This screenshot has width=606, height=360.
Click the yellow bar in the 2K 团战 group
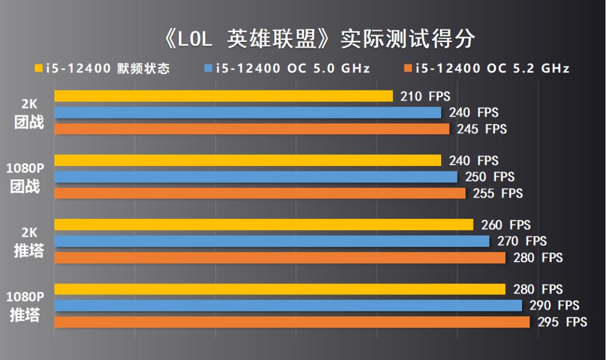click(224, 96)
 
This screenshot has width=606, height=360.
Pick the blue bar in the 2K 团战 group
click(248, 113)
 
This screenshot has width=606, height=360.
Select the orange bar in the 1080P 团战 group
click(260, 193)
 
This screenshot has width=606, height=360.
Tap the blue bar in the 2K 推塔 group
click(272, 241)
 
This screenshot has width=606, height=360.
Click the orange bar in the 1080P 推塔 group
click(292, 322)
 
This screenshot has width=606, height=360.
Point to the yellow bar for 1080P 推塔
click(280, 289)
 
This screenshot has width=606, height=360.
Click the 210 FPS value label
click(425, 96)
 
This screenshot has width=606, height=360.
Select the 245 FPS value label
click(482, 129)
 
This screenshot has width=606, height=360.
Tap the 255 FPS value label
click(498, 193)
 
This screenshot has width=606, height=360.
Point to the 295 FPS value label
click(562, 322)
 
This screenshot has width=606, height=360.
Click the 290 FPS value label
click(554, 306)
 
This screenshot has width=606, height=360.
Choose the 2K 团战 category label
click(29, 114)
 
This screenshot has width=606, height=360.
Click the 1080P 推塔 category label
click(25, 306)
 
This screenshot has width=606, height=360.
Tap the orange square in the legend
click(408, 68)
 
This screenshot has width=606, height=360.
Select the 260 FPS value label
click(505, 225)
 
